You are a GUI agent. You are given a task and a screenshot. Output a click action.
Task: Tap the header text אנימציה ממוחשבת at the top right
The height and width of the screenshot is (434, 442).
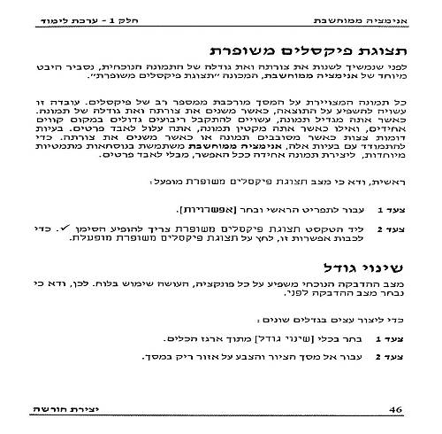tap(370, 19)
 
